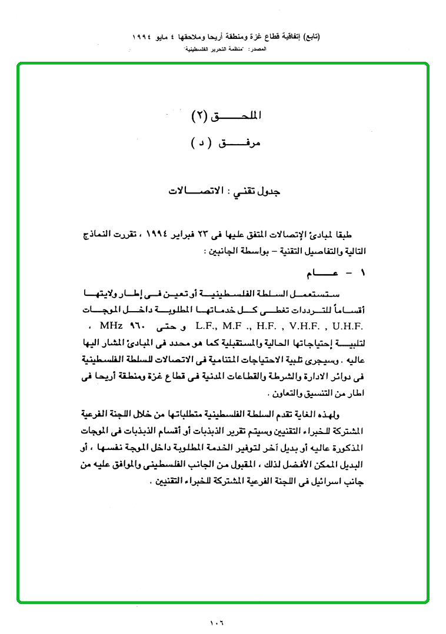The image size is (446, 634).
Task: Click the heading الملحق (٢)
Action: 227,115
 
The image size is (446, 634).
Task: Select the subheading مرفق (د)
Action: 227,143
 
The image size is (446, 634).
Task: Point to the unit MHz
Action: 111,325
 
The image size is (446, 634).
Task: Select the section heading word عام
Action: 321,274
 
